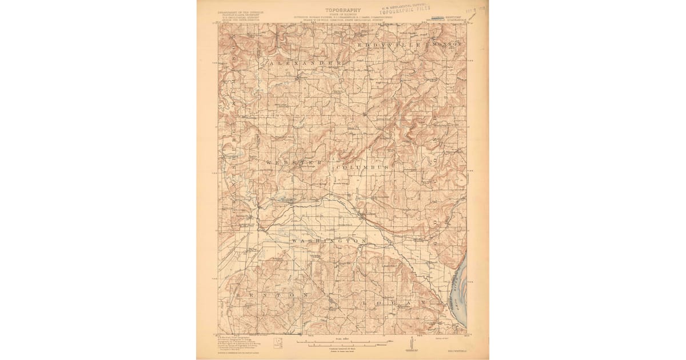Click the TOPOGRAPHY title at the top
coord(342,10)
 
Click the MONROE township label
coord(449,44)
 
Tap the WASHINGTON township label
coord(328,242)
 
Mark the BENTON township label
coord(269,295)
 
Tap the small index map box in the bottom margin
coord(278,343)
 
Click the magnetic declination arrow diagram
coord(410,344)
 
